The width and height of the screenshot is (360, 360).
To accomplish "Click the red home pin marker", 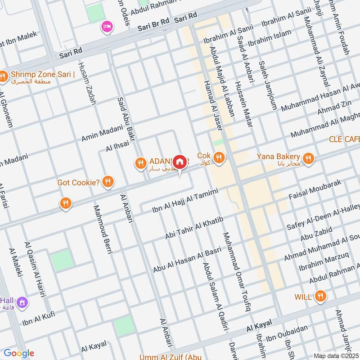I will (180, 162).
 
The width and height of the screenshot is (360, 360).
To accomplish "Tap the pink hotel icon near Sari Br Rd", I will (107, 27).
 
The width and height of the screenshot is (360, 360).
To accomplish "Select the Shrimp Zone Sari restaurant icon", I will (3, 77).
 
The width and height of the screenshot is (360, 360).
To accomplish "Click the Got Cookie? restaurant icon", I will (108, 182).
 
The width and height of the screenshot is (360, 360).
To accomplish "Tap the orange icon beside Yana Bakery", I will (308, 158).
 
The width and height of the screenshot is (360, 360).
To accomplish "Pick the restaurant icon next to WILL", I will (320, 296).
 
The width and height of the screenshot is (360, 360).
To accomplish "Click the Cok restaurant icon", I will (219, 157).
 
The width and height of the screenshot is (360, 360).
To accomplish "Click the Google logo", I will (19, 353).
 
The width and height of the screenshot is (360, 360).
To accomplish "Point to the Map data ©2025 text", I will (336, 355).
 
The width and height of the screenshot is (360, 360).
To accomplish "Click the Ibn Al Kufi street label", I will (39, 318).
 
